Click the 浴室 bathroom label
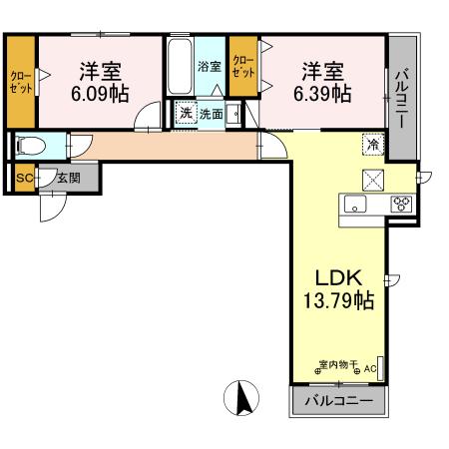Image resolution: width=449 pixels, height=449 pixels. pos(209,68)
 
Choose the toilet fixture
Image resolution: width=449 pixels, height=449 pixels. pos(30,146)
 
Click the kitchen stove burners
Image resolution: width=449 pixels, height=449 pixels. pos(403,204)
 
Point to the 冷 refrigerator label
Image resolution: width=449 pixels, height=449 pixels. pos(370,144)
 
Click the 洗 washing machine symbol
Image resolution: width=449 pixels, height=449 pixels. pos(184,114)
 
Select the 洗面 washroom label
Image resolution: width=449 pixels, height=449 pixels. pos(211,114)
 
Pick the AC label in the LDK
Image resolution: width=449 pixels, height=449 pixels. pos(370,369)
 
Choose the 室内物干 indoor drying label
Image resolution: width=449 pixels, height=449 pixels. pos(339,364)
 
